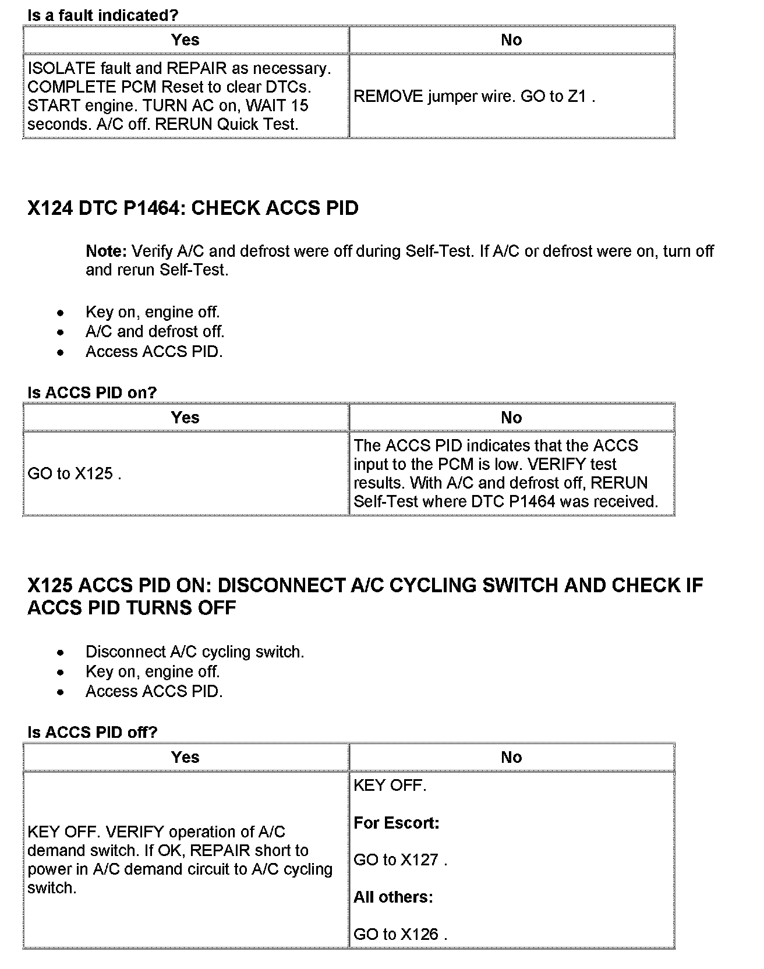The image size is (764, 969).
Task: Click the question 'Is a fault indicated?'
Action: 102,16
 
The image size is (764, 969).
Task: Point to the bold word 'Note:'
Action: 106,252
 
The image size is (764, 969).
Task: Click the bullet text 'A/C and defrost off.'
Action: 154,332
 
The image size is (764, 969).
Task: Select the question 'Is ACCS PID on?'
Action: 92,392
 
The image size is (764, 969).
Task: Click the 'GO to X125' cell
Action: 74,474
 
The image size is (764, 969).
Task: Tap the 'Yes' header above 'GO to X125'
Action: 185,418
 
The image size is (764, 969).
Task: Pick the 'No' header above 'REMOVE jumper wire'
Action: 511,40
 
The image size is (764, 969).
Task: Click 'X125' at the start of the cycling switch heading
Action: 51,585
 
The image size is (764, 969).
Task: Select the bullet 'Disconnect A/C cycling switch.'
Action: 194,652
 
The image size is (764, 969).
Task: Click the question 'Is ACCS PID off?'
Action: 92,733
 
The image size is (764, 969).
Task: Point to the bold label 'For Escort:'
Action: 396,823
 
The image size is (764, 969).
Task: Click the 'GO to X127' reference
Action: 400,860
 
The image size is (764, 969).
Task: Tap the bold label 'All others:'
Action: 393,897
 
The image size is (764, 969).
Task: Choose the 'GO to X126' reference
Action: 400,935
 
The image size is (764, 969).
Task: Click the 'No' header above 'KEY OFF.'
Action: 511,758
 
